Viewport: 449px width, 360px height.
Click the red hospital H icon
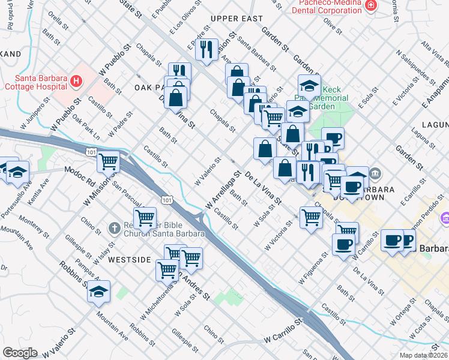coord(76,80)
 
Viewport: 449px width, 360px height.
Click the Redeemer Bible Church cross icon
coord(114,228)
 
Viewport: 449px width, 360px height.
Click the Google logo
coord(20,353)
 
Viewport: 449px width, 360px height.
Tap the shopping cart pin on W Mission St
coord(109,161)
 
